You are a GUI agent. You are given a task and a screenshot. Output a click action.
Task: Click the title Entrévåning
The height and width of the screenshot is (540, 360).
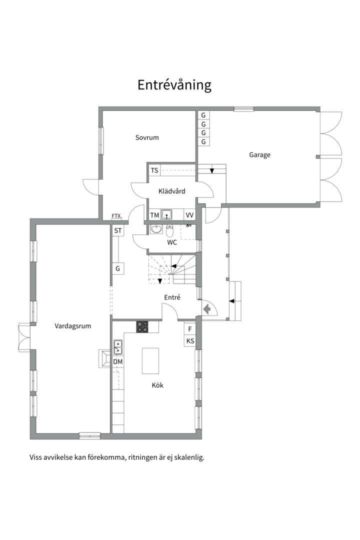pyautogui.click(x=174, y=84)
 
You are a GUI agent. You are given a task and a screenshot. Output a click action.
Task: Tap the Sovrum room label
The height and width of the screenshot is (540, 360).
pyautogui.click(x=147, y=138)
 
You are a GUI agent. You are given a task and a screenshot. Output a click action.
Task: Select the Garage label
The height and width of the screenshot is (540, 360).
pyautogui.click(x=260, y=155)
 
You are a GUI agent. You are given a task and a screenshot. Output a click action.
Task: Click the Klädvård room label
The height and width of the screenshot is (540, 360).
pyautogui.click(x=172, y=191)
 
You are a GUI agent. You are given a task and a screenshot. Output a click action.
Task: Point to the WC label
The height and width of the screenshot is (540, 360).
pyautogui.click(x=172, y=242)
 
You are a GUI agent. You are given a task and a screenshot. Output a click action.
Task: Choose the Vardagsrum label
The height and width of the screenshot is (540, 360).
pyautogui.click(x=73, y=326)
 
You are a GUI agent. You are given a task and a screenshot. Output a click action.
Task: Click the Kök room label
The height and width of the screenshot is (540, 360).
pyautogui.click(x=157, y=385)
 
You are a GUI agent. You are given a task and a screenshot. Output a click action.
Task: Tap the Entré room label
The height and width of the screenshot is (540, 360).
pyautogui.click(x=172, y=297)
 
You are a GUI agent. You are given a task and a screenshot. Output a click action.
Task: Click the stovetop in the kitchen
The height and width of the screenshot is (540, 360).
pyautogui.click(x=142, y=327)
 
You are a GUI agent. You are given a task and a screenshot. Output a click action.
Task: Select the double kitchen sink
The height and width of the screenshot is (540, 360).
pyautogui.click(x=118, y=347)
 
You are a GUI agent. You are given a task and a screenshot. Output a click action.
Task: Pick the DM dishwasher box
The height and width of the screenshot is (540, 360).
pyautogui.click(x=118, y=362)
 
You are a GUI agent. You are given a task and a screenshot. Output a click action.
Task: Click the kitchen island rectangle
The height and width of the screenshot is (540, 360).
pyautogui.click(x=150, y=360)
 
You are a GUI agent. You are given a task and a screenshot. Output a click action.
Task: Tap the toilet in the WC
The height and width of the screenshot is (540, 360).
pyautogui.click(x=170, y=230)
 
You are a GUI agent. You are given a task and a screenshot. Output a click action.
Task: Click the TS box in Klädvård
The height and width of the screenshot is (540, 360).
pyautogui.click(x=154, y=170)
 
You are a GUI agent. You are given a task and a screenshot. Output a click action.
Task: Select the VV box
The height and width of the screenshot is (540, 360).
pyautogui.click(x=189, y=215)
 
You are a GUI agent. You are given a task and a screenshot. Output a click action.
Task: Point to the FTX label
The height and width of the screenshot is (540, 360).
pyautogui.click(x=116, y=216)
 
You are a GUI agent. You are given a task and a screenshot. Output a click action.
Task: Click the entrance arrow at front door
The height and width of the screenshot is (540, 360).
pyautogui.click(x=207, y=309)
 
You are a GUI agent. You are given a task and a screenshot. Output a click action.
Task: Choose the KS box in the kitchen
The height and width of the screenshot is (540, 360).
pyautogui.click(x=190, y=341)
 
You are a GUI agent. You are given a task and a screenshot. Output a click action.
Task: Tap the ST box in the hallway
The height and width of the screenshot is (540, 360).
pyautogui.click(x=118, y=230)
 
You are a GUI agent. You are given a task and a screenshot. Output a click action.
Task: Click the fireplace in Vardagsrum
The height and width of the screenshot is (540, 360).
pyautogui.click(x=104, y=358)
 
